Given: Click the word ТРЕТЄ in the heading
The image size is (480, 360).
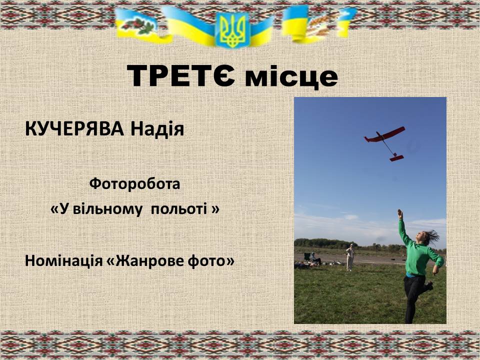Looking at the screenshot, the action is click(x=180, y=75).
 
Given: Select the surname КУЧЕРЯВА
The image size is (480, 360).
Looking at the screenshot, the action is click(x=74, y=129).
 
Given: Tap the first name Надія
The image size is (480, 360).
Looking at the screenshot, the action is click(x=157, y=129).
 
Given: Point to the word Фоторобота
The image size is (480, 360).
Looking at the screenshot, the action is click(x=134, y=184).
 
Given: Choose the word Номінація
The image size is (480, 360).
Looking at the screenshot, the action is click(x=63, y=261).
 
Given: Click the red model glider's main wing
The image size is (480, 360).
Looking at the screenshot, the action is click(x=385, y=134).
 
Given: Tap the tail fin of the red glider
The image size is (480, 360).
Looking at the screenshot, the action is click(x=396, y=158).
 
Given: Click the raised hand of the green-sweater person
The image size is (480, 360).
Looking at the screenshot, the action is click(x=400, y=213).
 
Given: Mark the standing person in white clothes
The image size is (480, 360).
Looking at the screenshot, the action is click(x=350, y=257).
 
